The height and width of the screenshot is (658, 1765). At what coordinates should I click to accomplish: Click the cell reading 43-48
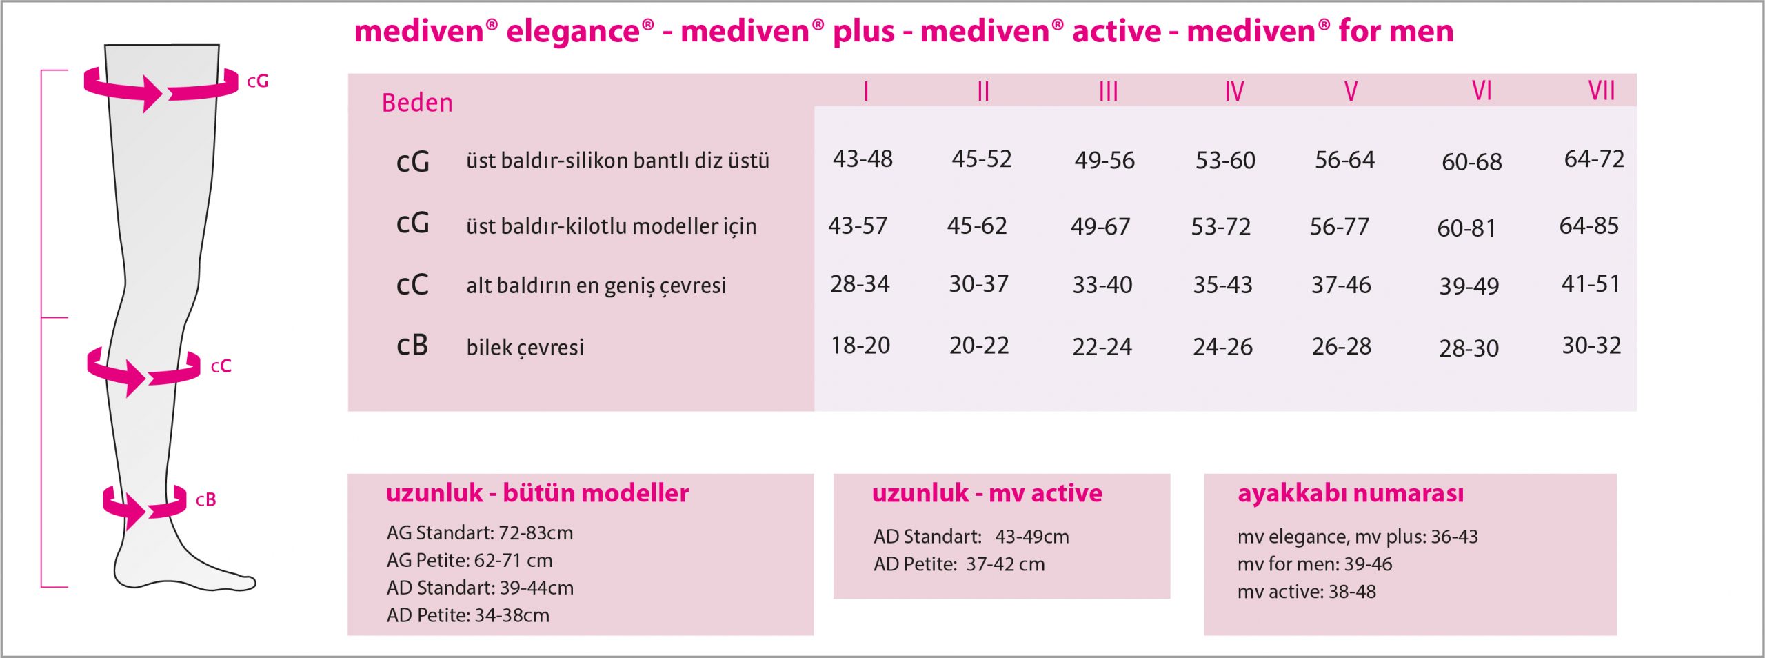(x=863, y=159)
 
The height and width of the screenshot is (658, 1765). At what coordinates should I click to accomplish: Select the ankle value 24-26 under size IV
(x=1222, y=347)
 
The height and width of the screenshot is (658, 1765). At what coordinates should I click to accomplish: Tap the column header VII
(x=1601, y=91)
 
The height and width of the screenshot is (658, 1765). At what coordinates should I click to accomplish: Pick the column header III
(x=1108, y=92)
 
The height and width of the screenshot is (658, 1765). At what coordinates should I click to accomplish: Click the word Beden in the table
(x=417, y=103)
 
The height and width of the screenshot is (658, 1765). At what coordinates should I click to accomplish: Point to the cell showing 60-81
(x=1466, y=228)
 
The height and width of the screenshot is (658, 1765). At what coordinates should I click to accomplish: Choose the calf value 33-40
(x=1102, y=285)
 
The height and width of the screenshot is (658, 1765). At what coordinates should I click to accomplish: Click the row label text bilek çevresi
(x=525, y=348)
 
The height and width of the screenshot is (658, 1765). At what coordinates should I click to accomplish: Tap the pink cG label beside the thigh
(x=257, y=81)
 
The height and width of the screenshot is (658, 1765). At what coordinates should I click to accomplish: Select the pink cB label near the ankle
(x=205, y=500)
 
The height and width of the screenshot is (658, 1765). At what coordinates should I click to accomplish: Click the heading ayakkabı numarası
(x=1350, y=494)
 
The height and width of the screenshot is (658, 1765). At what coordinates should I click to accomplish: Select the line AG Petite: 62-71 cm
(x=470, y=561)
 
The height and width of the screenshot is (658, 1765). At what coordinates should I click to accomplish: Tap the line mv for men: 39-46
(x=1315, y=564)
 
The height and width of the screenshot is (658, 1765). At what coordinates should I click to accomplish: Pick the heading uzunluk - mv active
(x=987, y=493)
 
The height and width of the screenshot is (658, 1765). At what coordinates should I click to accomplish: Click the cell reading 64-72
(x=1594, y=159)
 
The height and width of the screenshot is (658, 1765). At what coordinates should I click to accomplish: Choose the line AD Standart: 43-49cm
(x=971, y=537)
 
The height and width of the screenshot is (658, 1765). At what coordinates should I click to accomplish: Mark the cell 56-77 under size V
(x=1339, y=227)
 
